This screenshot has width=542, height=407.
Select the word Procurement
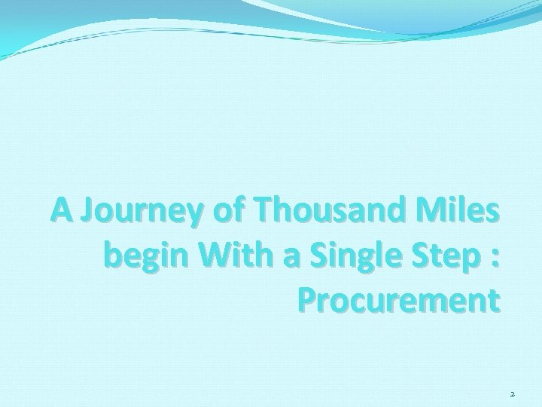(x=398, y=299)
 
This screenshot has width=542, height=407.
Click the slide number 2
(x=512, y=393)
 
